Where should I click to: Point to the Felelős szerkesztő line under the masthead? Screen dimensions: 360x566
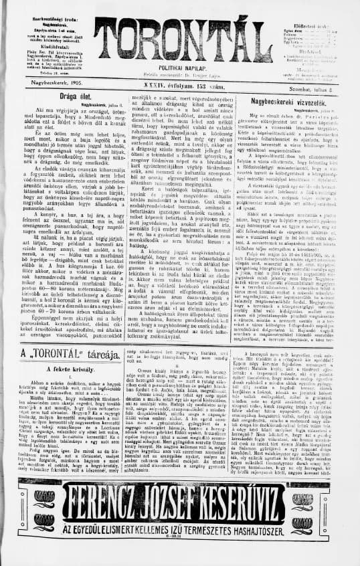pos(179,74)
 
